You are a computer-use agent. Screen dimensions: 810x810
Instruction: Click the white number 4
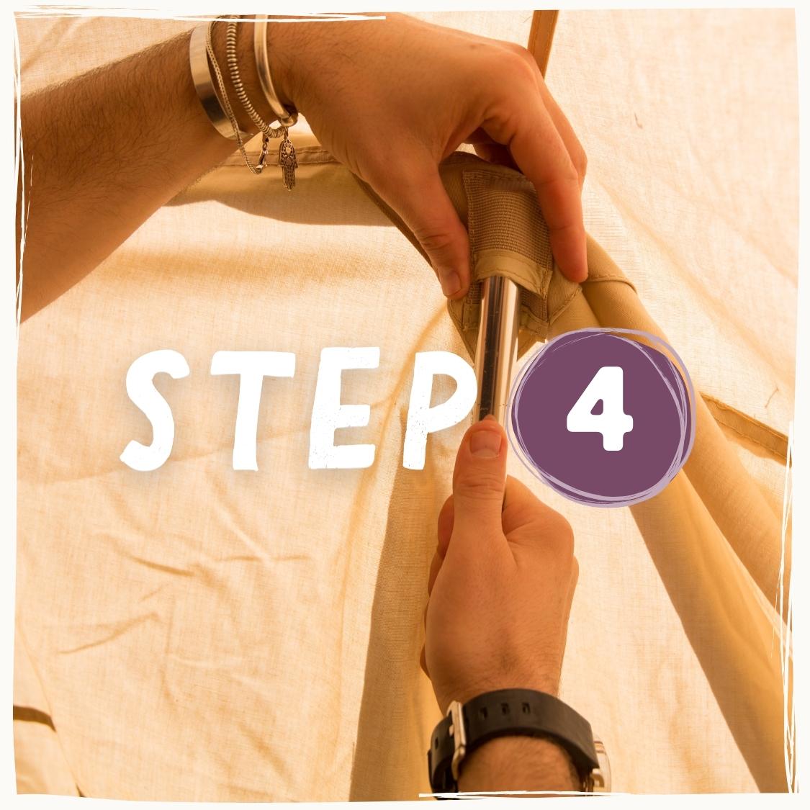599,408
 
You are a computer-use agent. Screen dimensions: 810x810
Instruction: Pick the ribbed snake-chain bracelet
243,78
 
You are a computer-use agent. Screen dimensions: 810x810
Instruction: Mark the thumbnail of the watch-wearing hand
485,444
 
